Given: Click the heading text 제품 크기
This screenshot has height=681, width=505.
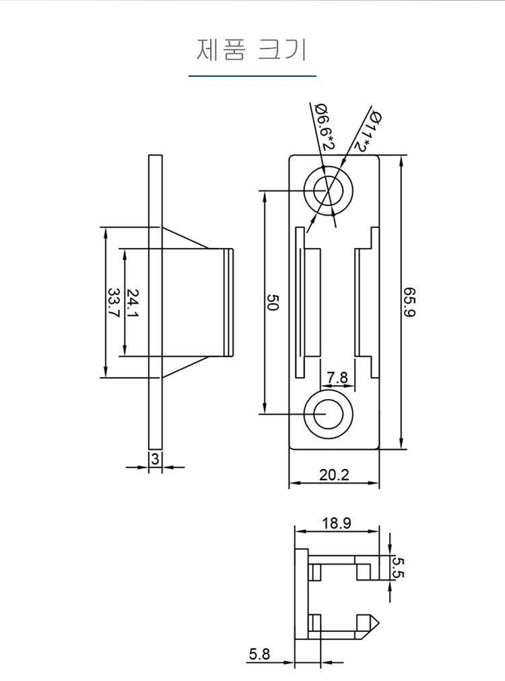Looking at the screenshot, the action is click(x=252, y=50).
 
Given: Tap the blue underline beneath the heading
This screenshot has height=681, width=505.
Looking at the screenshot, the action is click(x=252, y=76).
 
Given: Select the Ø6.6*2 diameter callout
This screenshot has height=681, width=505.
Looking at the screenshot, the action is click(x=325, y=127).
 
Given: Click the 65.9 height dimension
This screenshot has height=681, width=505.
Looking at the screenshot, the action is click(x=409, y=302).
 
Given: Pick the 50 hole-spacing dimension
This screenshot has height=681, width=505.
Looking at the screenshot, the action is click(x=272, y=302).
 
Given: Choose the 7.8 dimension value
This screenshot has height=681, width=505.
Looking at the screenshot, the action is click(x=337, y=377).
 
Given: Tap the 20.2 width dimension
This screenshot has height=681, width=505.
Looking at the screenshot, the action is click(x=334, y=475).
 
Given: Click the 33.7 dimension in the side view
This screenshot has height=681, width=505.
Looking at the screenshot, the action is click(x=113, y=302).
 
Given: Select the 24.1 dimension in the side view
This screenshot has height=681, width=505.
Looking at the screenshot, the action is click(x=132, y=302).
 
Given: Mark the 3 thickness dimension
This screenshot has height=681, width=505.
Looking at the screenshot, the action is click(x=155, y=459).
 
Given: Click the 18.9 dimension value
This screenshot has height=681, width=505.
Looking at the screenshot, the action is click(x=337, y=523).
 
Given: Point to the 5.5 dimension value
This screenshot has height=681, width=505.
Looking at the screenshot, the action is click(x=398, y=568).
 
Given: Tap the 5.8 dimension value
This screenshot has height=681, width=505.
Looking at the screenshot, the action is click(x=259, y=654).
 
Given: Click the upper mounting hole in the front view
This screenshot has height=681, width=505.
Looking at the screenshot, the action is click(x=329, y=191).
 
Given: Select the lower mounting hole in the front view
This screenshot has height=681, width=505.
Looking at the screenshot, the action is click(x=329, y=414).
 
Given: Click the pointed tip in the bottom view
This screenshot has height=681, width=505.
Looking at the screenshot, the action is click(x=378, y=624).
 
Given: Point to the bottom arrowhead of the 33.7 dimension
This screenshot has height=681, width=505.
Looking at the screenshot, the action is click(x=106, y=372).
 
